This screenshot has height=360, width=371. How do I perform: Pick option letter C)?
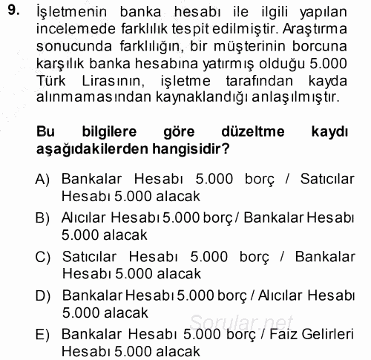(x=42, y=257)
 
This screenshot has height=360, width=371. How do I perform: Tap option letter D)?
(x=42, y=295)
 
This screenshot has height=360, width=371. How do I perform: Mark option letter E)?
(x=42, y=334)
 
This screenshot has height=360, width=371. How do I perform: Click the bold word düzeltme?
(x=241, y=131)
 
